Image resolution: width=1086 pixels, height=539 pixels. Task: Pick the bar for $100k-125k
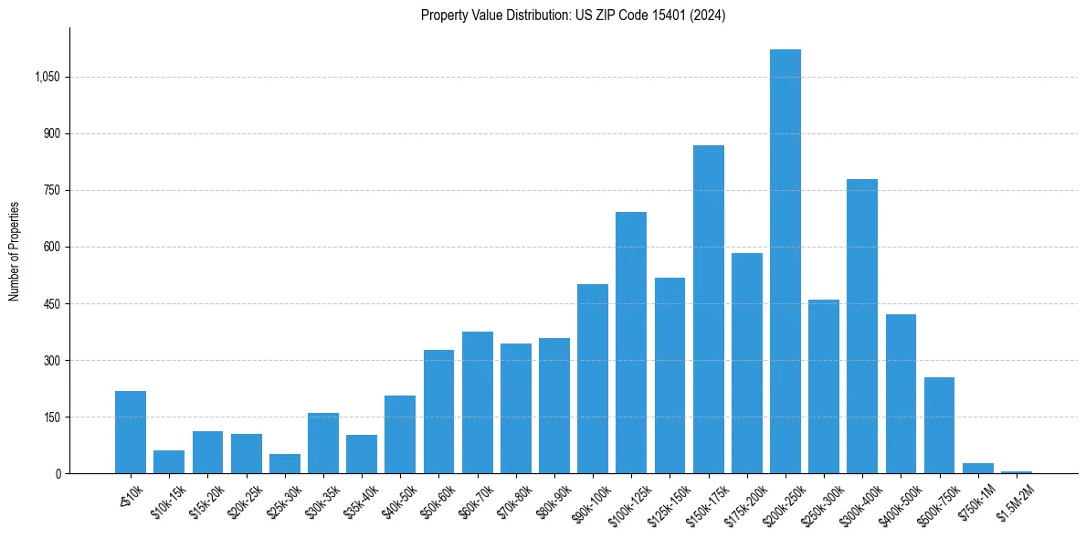click(631, 343)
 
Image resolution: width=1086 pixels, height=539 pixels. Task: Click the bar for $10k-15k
click(169, 462)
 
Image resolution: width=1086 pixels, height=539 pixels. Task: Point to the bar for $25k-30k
click(284, 464)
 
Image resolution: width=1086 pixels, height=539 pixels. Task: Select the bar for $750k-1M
click(977, 469)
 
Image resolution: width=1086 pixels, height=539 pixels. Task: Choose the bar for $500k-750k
click(939, 426)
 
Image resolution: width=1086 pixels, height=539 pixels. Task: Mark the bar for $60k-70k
click(477, 403)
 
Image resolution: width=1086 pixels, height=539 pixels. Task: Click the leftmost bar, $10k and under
click(131, 432)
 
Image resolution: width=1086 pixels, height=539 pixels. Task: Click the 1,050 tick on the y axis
click(47, 78)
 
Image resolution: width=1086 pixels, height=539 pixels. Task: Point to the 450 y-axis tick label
click(51, 304)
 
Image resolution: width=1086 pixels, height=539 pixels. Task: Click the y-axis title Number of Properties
click(15, 250)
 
